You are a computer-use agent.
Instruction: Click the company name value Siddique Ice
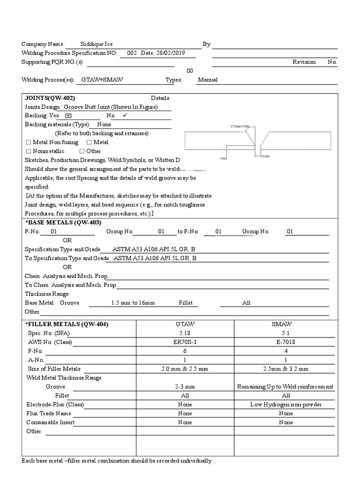(x=96, y=44)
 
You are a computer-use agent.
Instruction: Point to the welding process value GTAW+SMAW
(x=102, y=80)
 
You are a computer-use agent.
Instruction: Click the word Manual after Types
(x=208, y=80)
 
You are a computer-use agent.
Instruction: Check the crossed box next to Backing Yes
(x=68, y=115)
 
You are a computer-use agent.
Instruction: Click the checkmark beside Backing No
(x=125, y=115)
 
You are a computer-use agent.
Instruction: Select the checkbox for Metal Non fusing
(x=29, y=142)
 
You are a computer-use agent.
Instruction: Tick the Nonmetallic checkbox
(x=29, y=151)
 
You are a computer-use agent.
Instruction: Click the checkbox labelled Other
(x=82, y=151)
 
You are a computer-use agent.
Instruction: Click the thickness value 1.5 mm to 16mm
(x=133, y=303)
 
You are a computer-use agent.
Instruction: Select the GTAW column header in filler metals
(x=185, y=324)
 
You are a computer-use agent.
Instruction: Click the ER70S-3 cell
(x=185, y=342)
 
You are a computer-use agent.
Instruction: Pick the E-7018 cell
(x=285, y=342)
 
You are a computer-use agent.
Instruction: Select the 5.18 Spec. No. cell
(x=185, y=333)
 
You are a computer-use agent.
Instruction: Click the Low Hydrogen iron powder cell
(x=285, y=405)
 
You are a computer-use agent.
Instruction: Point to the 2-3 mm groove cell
(x=185, y=387)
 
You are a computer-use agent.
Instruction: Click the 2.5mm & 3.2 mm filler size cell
(x=285, y=369)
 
